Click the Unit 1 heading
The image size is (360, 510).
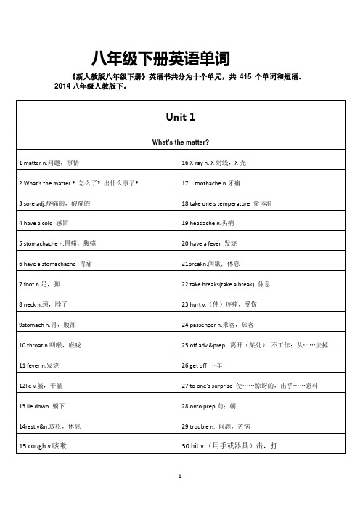click(180, 116)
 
